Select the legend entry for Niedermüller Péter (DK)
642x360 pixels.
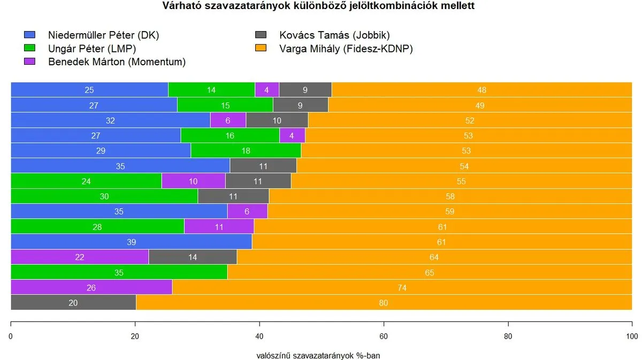pyautogui.click(x=103, y=35)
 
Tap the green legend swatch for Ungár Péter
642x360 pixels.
pyautogui.click(x=29, y=49)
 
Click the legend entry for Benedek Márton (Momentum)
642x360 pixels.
pyautogui.click(x=117, y=62)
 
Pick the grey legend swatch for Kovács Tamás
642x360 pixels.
pyautogui.click(x=261, y=36)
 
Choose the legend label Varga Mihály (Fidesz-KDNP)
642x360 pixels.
pyautogui.click(x=346, y=49)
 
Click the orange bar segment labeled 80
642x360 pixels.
pyautogui.click(x=384, y=303)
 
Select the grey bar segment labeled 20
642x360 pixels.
pyautogui.click(x=73, y=303)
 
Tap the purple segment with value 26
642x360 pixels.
pyautogui.click(x=91, y=287)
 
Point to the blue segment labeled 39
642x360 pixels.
pyautogui.click(x=131, y=242)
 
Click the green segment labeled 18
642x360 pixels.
pyautogui.click(x=246, y=151)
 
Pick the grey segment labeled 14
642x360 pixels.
pyautogui.click(x=193, y=257)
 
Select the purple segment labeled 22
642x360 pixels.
pyautogui.click(x=80, y=257)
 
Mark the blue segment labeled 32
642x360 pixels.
pyautogui.click(x=110, y=120)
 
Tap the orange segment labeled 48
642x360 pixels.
pyautogui.click(x=481, y=90)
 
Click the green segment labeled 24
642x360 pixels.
pyautogui.click(x=86, y=181)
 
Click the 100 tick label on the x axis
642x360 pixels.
pyautogui.click(x=632, y=336)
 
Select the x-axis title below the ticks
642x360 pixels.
pyautogui.click(x=318, y=355)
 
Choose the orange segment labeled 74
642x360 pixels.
pyautogui.click(x=402, y=287)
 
